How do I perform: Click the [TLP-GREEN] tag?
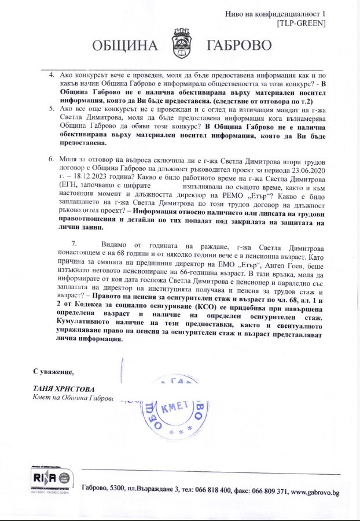point(301,23)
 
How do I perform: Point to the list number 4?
point(52,75)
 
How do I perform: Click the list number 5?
point(52,108)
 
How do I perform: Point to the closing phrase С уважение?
point(53,371)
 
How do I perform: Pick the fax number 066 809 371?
point(270,492)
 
